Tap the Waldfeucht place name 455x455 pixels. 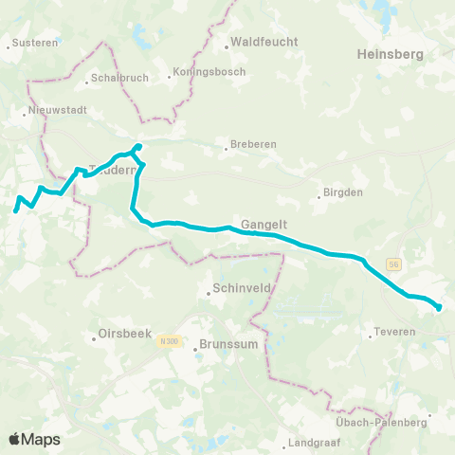pos(264,42)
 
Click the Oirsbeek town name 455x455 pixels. pos(124,336)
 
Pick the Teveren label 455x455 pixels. pos(391,334)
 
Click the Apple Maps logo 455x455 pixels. pos(34,439)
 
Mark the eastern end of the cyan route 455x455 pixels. pos(439,307)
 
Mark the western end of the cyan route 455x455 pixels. pos(16,209)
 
